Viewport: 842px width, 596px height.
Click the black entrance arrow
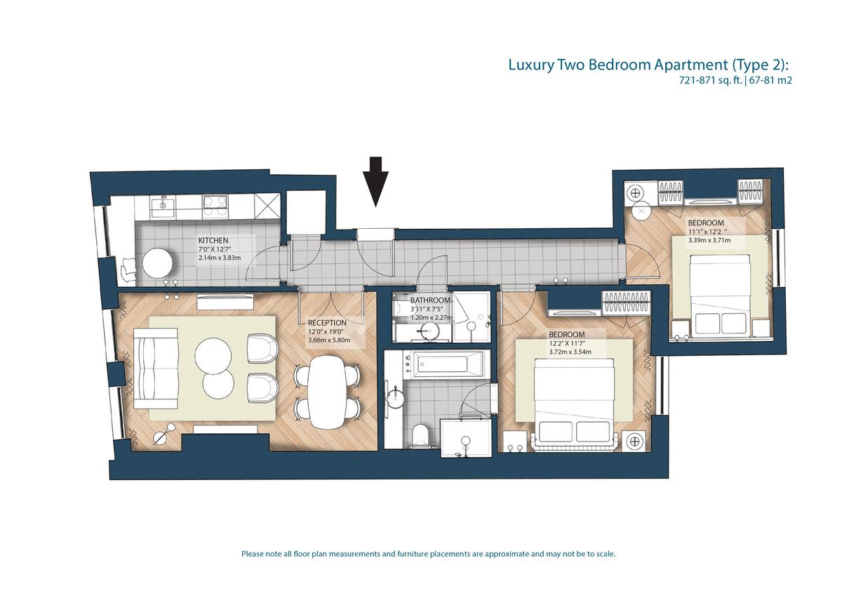(x=375, y=181)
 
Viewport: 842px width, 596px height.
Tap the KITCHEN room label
(x=213, y=240)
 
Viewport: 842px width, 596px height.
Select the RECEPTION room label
(x=327, y=323)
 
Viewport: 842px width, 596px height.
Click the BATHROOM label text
(x=430, y=300)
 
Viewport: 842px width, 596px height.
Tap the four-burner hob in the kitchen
(x=215, y=207)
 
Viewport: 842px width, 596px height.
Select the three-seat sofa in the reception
(x=156, y=369)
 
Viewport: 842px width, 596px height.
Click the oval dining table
(x=327, y=392)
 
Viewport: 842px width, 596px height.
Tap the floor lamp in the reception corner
(x=165, y=434)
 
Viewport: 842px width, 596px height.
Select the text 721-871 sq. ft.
(x=709, y=80)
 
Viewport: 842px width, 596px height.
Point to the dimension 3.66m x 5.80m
(x=329, y=340)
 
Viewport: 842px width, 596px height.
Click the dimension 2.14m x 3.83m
(x=220, y=258)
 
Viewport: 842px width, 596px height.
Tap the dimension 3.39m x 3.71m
(x=709, y=240)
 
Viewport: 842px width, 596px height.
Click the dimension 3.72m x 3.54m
(x=570, y=352)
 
